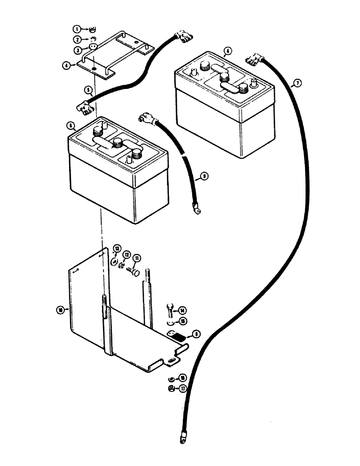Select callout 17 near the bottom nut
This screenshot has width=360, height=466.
pos(182,387)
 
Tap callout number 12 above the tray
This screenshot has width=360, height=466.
pos(126,254)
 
